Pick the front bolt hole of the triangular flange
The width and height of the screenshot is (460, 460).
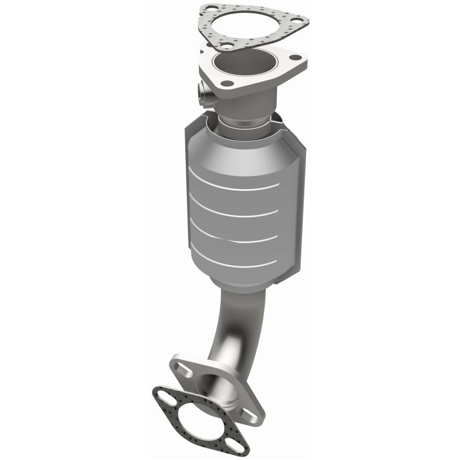[228, 83]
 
